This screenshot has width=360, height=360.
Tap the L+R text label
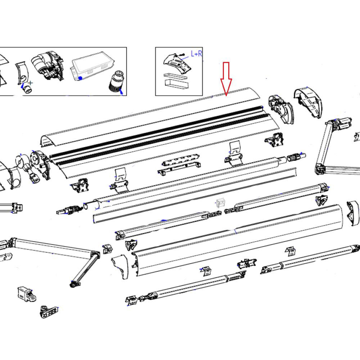pos(196,54)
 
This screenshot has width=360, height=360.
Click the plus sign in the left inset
pos(31,83)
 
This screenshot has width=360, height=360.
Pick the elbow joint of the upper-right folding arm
pos(319,167)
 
